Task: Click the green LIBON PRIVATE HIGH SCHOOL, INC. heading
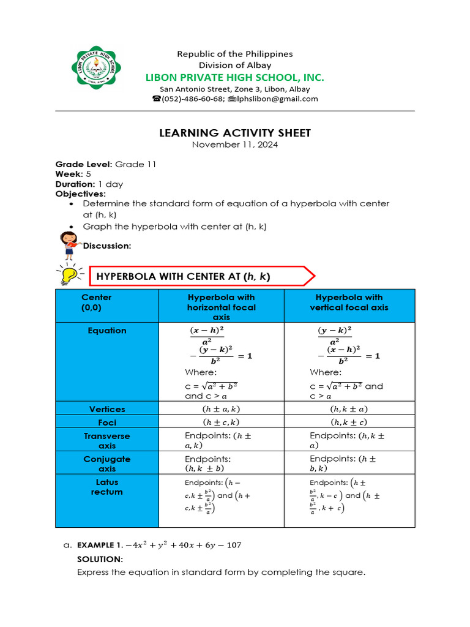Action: (x=234, y=77)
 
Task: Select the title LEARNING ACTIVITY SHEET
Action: (x=235, y=133)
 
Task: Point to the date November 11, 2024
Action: (x=235, y=145)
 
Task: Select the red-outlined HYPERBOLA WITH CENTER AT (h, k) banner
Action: (x=202, y=277)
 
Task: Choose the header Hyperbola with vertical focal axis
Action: (x=349, y=302)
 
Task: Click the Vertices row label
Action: (x=107, y=409)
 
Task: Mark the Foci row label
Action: (x=107, y=422)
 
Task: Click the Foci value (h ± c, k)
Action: (x=221, y=422)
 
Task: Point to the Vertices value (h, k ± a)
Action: (x=349, y=409)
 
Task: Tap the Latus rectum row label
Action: (x=107, y=487)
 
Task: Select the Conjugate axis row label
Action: (x=107, y=464)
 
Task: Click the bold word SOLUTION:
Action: (x=100, y=560)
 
